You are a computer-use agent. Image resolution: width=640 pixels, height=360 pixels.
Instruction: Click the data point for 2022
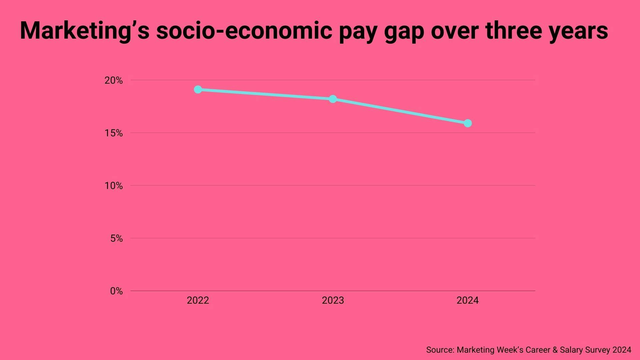198,90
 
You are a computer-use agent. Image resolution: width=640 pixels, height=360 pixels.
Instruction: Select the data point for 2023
333,99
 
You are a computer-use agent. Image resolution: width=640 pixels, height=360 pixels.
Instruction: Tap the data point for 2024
468,123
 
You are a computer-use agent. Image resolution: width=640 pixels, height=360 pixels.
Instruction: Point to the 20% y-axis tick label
114,80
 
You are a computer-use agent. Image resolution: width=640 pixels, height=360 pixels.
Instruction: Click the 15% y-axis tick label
114,133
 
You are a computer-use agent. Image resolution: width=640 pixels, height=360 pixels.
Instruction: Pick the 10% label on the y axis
114,186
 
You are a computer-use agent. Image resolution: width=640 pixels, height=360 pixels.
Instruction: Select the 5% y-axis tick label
116,239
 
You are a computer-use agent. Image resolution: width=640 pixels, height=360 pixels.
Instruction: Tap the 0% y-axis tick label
116,291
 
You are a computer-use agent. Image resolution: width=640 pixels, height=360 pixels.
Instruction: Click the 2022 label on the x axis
198,301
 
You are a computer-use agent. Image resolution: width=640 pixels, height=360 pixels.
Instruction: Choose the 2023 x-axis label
333,301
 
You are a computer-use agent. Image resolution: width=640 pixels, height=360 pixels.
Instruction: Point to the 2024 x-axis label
467,301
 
